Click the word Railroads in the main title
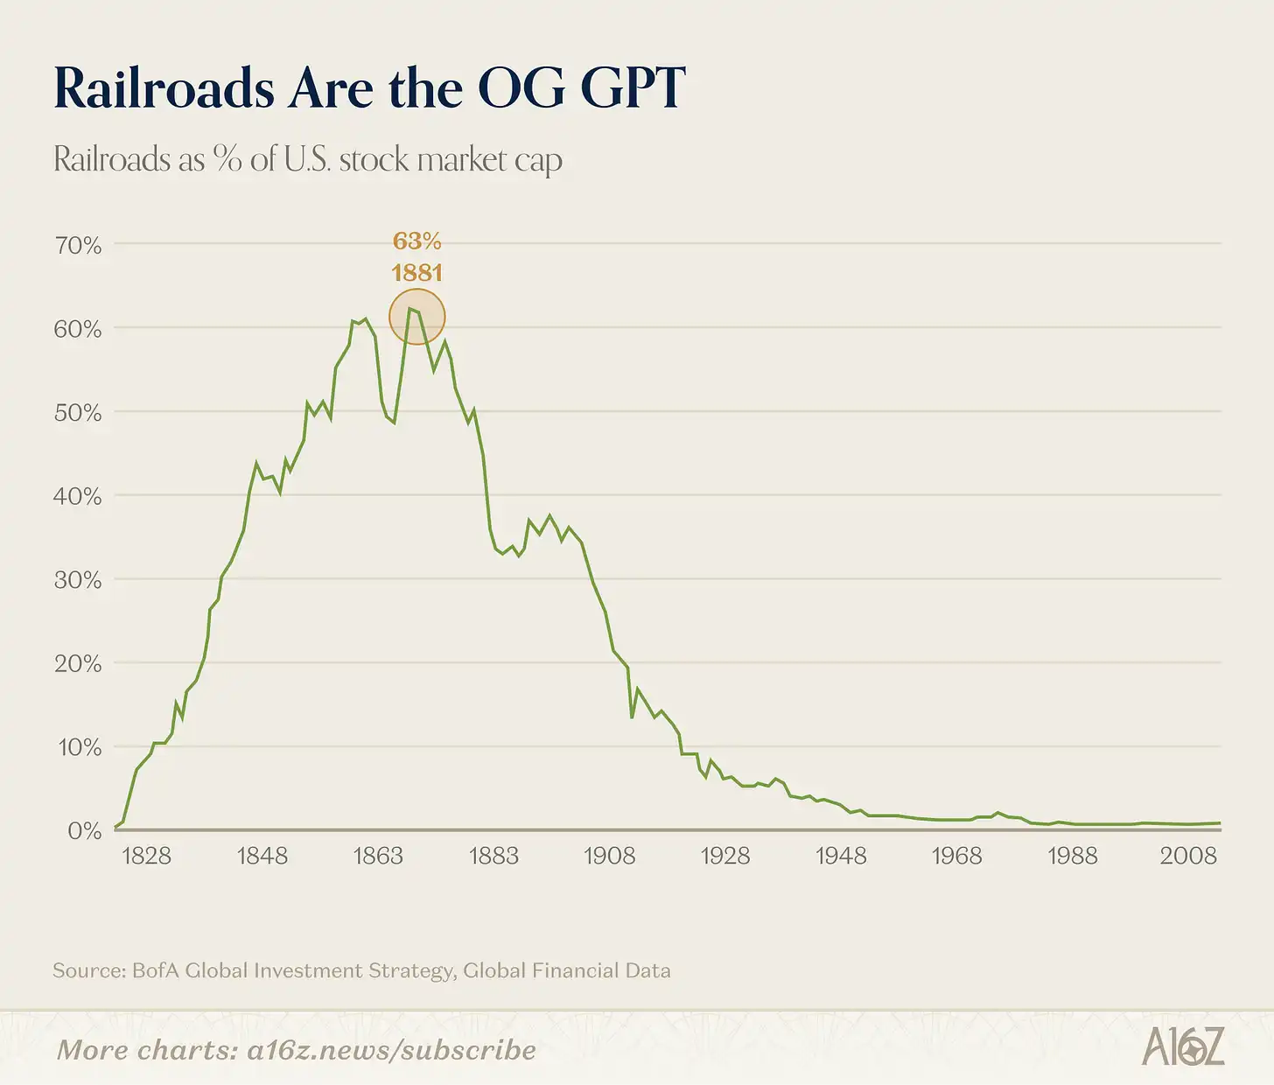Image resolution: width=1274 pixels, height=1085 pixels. point(164,88)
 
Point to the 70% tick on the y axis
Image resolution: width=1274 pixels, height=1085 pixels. point(79,245)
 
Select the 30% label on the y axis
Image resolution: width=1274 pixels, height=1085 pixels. point(79,580)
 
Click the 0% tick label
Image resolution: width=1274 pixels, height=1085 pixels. point(85,830)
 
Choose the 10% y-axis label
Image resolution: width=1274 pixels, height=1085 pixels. point(79,747)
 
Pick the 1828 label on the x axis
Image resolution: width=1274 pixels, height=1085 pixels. point(146,856)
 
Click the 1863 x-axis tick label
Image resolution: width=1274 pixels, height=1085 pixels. point(378,856)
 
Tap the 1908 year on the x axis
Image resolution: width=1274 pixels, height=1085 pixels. point(610,856)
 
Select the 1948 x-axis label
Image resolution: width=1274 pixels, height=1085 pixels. point(841,856)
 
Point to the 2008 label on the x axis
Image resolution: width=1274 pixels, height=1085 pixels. point(1188,856)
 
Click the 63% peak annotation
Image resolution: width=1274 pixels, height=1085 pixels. point(417,241)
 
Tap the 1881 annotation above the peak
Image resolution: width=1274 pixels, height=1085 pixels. point(417,273)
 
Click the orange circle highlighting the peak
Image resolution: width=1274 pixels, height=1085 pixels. point(417,317)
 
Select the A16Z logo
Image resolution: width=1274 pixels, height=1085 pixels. point(1183,1047)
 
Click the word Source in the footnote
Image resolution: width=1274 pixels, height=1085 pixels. point(88,970)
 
